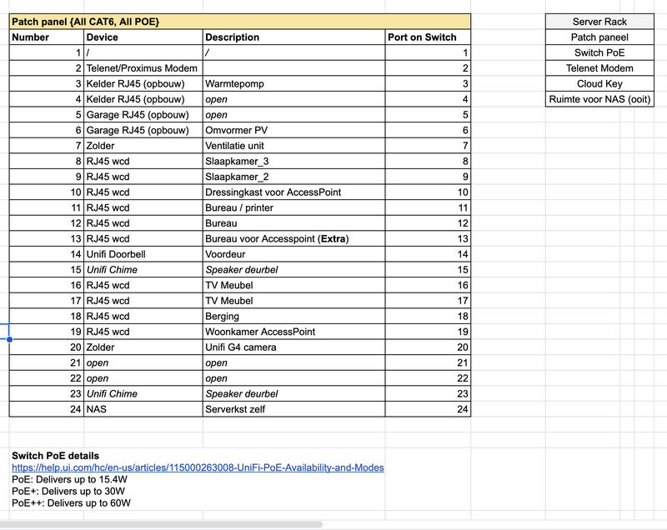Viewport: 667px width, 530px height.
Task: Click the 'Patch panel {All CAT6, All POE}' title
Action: [x=86, y=21]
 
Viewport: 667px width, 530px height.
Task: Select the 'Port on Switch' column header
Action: [x=422, y=37]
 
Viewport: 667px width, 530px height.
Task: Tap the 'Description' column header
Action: [x=232, y=37]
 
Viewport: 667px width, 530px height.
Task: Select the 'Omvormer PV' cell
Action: [x=236, y=130]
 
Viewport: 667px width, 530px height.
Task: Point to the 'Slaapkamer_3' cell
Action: [x=237, y=161]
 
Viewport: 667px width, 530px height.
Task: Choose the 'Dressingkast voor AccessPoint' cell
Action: [x=273, y=192]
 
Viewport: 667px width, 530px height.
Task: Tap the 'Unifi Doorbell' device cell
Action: [x=116, y=254]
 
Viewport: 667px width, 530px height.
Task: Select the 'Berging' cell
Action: [x=223, y=316]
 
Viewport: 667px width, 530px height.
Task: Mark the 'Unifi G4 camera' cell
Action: [x=240, y=347]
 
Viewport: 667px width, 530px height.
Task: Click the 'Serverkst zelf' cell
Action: [x=235, y=409]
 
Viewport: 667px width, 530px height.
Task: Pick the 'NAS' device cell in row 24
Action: [x=97, y=409]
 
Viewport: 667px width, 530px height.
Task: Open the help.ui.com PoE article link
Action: [x=198, y=467]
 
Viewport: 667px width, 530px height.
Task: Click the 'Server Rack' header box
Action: [x=599, y=22]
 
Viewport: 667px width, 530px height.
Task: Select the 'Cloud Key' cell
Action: [x=599, y=83]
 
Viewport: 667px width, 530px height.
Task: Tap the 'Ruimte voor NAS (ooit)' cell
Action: [x=599, y=99]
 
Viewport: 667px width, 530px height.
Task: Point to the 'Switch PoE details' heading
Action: [x=55, y=456]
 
